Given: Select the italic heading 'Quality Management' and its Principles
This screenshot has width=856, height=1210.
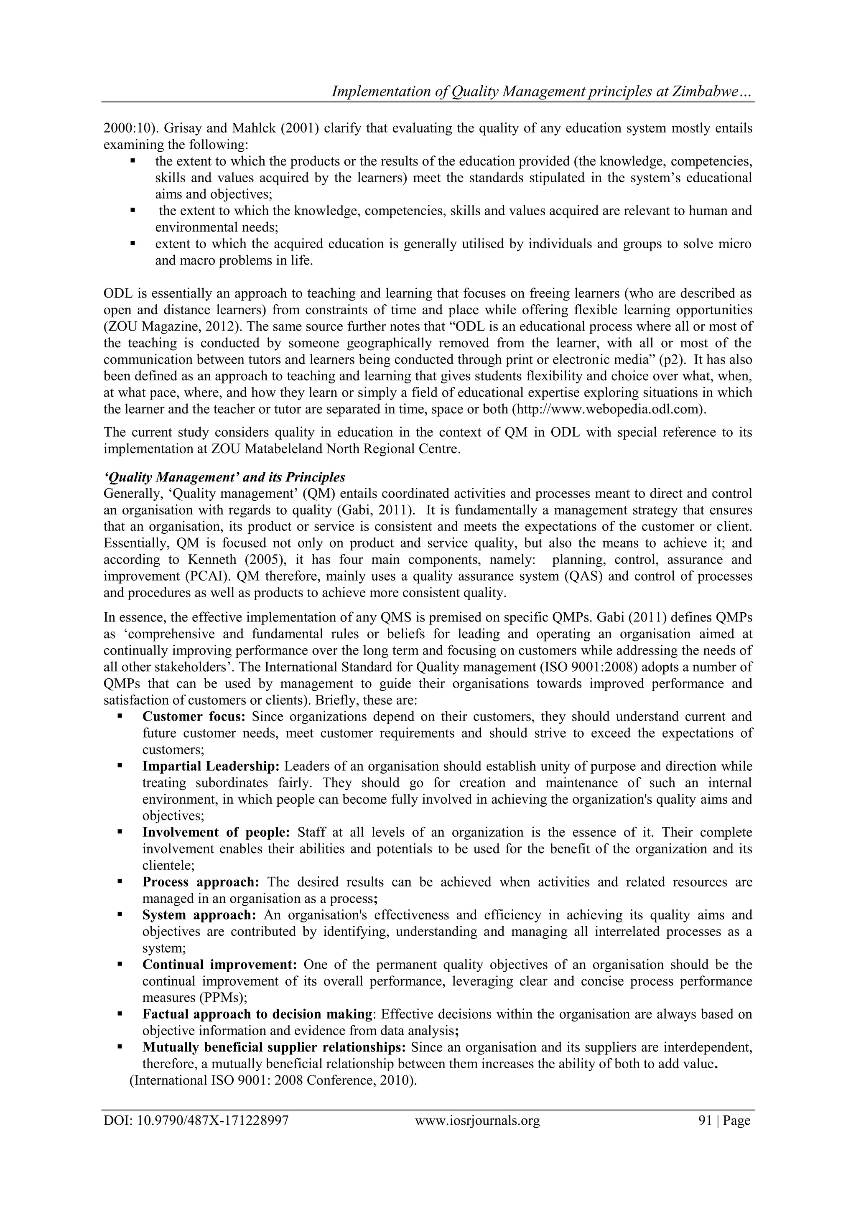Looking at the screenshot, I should click(x=224, y=477).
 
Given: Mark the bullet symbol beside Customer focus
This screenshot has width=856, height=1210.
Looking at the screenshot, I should click(x=120, y=716).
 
